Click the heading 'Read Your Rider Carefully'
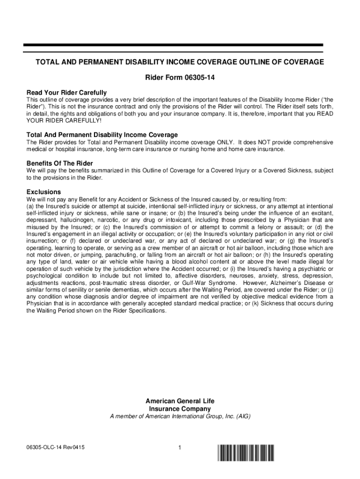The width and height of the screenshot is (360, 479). tap(66, 93)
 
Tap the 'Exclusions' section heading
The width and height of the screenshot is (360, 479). tap(43, 192)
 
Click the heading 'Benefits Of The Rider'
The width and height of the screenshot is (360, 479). tap(59, 163)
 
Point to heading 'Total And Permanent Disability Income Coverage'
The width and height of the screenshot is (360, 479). tap(102, 135)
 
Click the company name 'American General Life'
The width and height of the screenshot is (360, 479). tap(180, 401)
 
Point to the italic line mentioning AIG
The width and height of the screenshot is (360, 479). tap(180, 416)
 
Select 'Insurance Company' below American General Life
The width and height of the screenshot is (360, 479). tap(180, 409)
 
